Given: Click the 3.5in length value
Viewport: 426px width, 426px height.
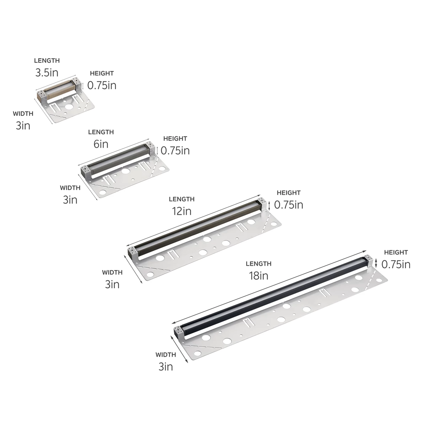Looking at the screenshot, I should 47,73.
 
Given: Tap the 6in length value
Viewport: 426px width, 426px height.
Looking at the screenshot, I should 101,144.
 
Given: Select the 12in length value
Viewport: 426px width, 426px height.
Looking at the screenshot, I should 181,211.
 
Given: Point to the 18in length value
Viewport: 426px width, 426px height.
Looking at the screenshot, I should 258,275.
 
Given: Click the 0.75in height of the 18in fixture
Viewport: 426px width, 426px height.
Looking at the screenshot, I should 396,264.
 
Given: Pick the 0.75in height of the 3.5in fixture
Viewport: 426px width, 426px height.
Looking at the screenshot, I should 102,86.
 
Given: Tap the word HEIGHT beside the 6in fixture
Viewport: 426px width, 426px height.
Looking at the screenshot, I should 175,138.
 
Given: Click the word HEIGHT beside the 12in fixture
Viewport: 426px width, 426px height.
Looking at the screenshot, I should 289,193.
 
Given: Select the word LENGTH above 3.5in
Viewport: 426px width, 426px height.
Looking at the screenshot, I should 47,61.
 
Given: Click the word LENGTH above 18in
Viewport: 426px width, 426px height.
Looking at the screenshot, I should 258,264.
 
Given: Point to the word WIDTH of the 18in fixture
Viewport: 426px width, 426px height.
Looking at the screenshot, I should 165,355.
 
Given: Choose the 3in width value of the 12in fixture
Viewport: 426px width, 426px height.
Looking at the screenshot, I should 112,284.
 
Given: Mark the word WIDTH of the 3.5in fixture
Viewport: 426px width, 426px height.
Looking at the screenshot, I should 23,114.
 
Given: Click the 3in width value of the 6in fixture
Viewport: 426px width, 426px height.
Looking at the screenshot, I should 70,200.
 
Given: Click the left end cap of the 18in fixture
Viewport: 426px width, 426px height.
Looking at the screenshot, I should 178,332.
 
